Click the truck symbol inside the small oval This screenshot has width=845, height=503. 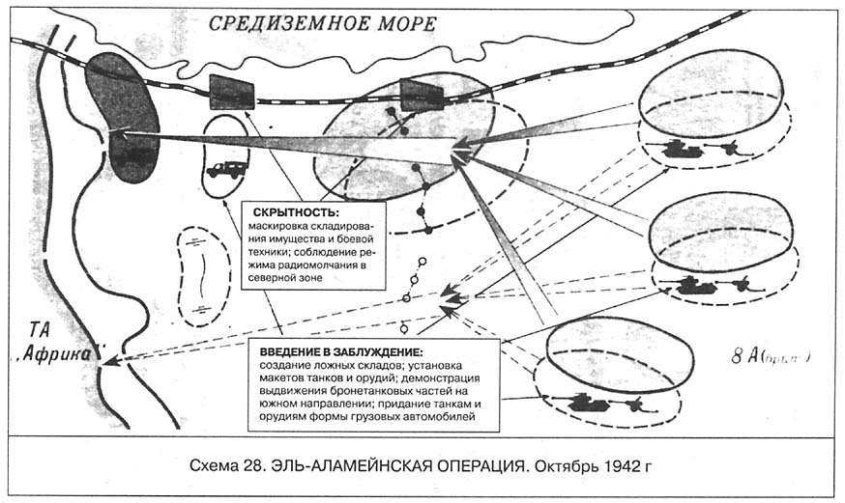pos(226,168)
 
